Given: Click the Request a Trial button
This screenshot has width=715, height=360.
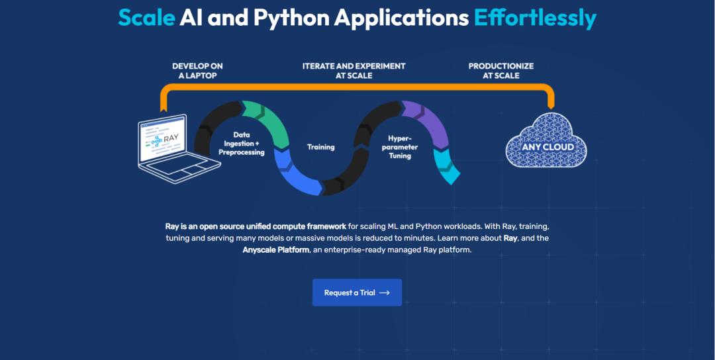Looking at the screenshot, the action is coord(357,292).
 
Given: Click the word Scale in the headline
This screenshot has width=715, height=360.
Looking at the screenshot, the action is coord(146,17).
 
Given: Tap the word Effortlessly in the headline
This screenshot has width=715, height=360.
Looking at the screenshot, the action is coord(535,19).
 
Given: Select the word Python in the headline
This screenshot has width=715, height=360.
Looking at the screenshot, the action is coord(291,19).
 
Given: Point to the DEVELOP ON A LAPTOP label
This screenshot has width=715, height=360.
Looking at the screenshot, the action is coord(197,71).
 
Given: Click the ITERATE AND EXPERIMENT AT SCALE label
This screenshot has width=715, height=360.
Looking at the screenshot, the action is coord(354,71).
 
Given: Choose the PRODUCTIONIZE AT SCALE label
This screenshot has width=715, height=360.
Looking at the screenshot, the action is coord(501,71).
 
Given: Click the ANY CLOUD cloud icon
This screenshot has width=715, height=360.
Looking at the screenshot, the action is coord(546,140).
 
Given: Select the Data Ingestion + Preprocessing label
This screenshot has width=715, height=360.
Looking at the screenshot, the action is coord(241,144).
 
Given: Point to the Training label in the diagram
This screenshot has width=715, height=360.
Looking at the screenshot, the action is coord(320,147).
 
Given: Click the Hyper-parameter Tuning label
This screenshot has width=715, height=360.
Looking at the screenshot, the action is coord(400,147).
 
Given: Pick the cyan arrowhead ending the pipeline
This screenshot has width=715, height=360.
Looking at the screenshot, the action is coord(446,167).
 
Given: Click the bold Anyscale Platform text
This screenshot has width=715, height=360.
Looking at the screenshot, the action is coord(275,249).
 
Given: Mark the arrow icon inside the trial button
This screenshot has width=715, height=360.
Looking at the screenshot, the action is coord(385,292).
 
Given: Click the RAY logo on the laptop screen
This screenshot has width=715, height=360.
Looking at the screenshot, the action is coord(165,138).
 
